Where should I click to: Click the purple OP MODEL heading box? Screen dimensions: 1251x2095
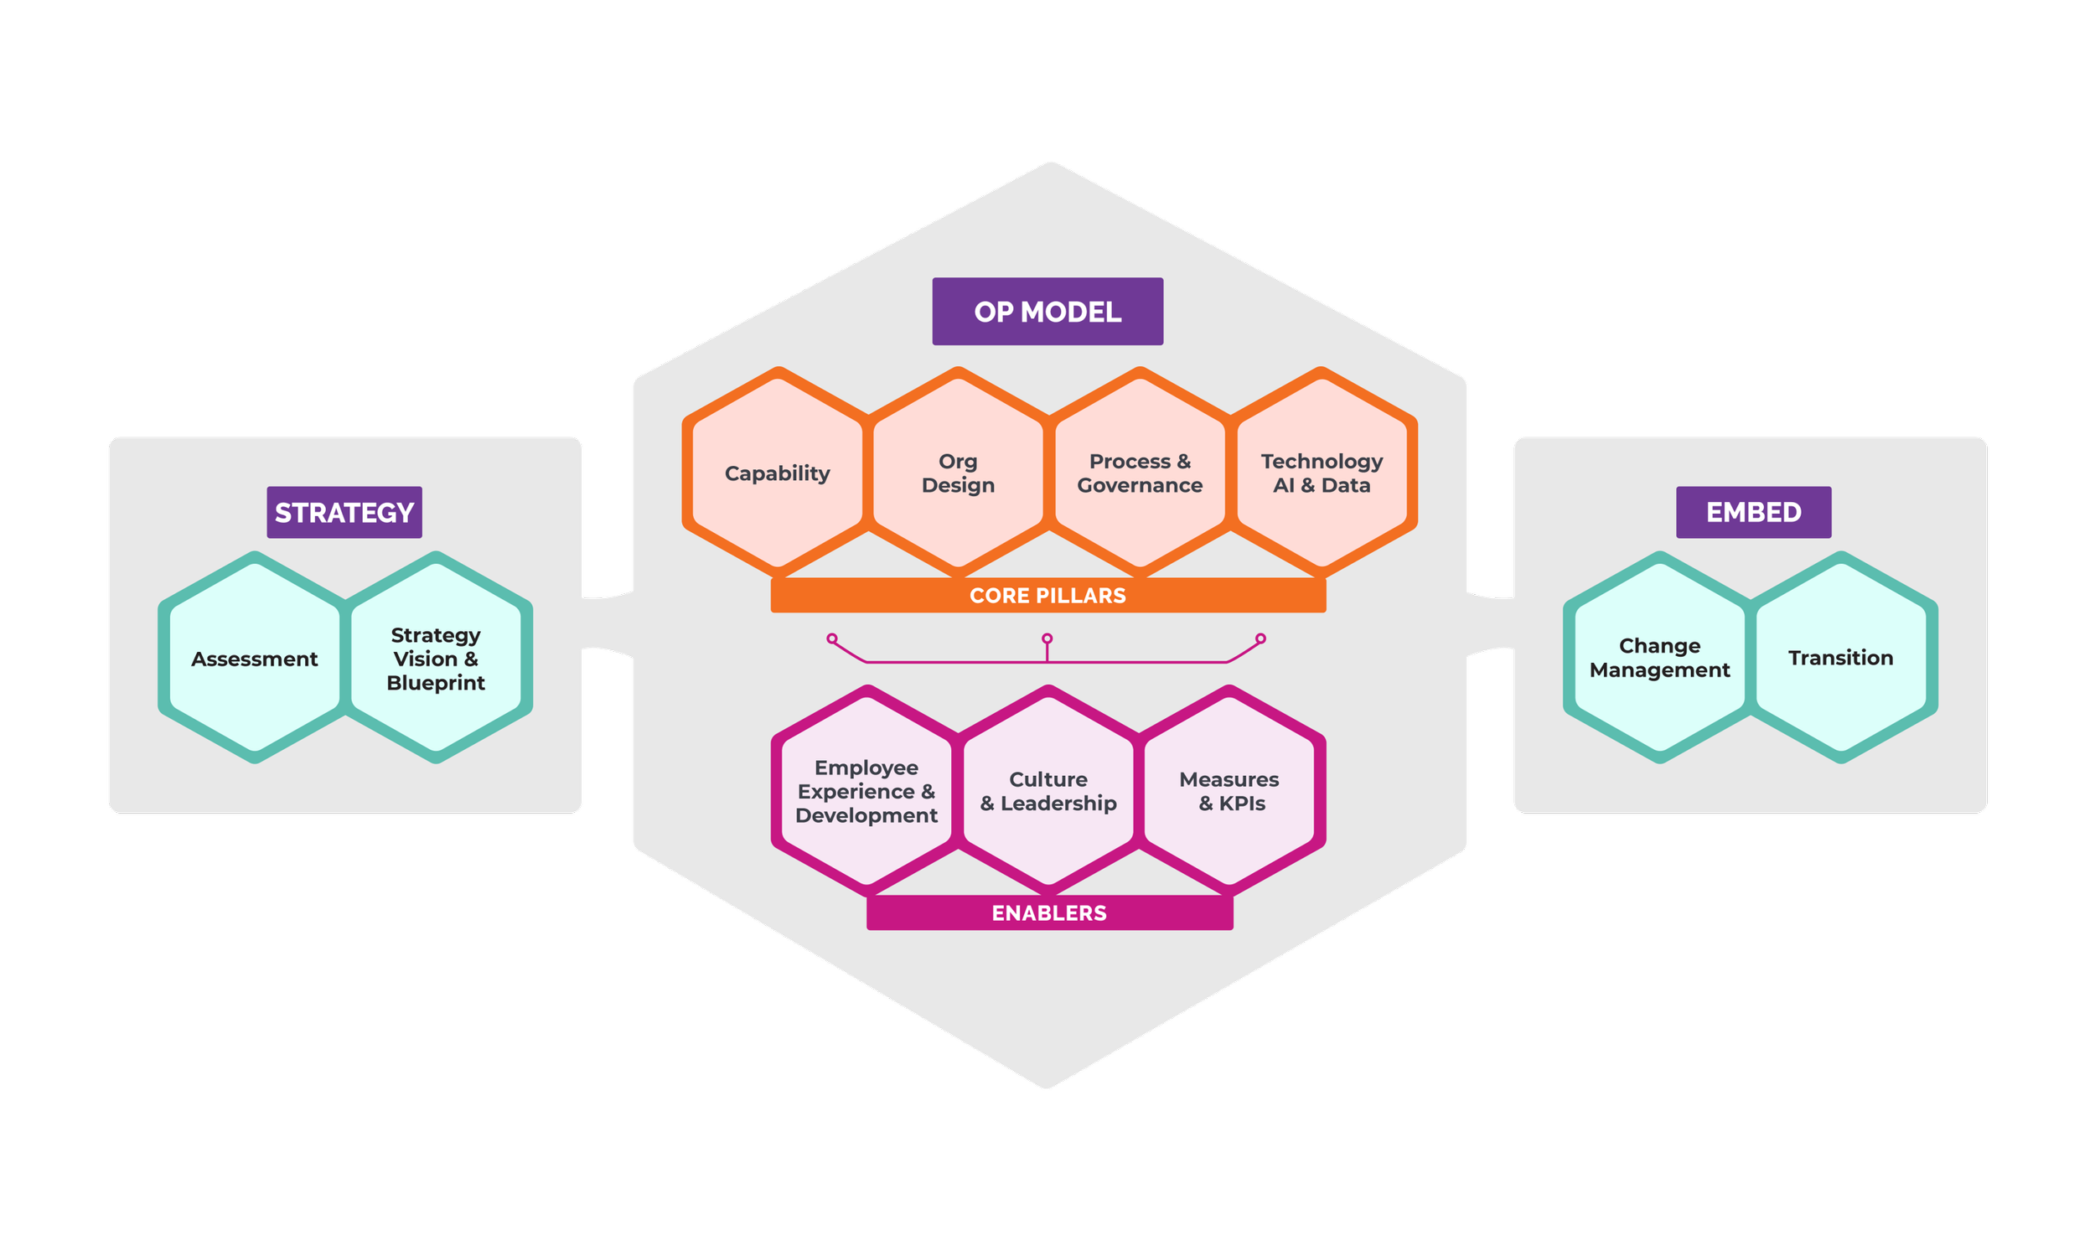click(x=1047, y=312)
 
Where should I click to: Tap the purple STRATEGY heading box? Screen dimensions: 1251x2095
click(x=344, y=513)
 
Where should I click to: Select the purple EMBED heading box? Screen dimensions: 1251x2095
click(x=1754, y=513)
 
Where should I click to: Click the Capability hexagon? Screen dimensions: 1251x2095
click(x=778, y=473)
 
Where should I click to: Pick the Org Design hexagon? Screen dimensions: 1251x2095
click(x=959, y=473)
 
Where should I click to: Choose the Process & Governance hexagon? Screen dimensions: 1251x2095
click(x=1140, y=473)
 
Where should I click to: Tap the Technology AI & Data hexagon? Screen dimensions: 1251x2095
click(x=1322, y=473)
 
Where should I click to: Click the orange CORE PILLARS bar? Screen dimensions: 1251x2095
click(x=1048, y=595)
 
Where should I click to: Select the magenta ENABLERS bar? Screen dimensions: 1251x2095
click(x=1050, y=913)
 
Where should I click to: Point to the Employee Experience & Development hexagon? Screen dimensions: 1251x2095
click(x=866, y=791)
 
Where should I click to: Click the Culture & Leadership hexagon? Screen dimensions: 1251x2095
click(x=1048, y=791)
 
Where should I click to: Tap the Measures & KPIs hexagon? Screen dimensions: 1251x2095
click(x=1230, y=791)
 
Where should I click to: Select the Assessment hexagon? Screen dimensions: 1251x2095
click(x=255, y=659)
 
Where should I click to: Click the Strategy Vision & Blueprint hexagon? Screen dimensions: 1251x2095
click(x=436, y=659)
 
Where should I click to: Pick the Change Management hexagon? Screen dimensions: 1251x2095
click(x=1660, y=658)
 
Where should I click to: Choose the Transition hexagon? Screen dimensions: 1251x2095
click(x=1841, y=658)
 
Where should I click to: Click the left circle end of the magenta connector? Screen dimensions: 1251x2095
click(x=832, y=638)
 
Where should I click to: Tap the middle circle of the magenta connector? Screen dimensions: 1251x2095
click(x=1047, y=638)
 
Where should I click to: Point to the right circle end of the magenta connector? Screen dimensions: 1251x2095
click(x=1260, y=638)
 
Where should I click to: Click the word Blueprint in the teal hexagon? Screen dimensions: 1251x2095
click(x=436, y=683)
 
